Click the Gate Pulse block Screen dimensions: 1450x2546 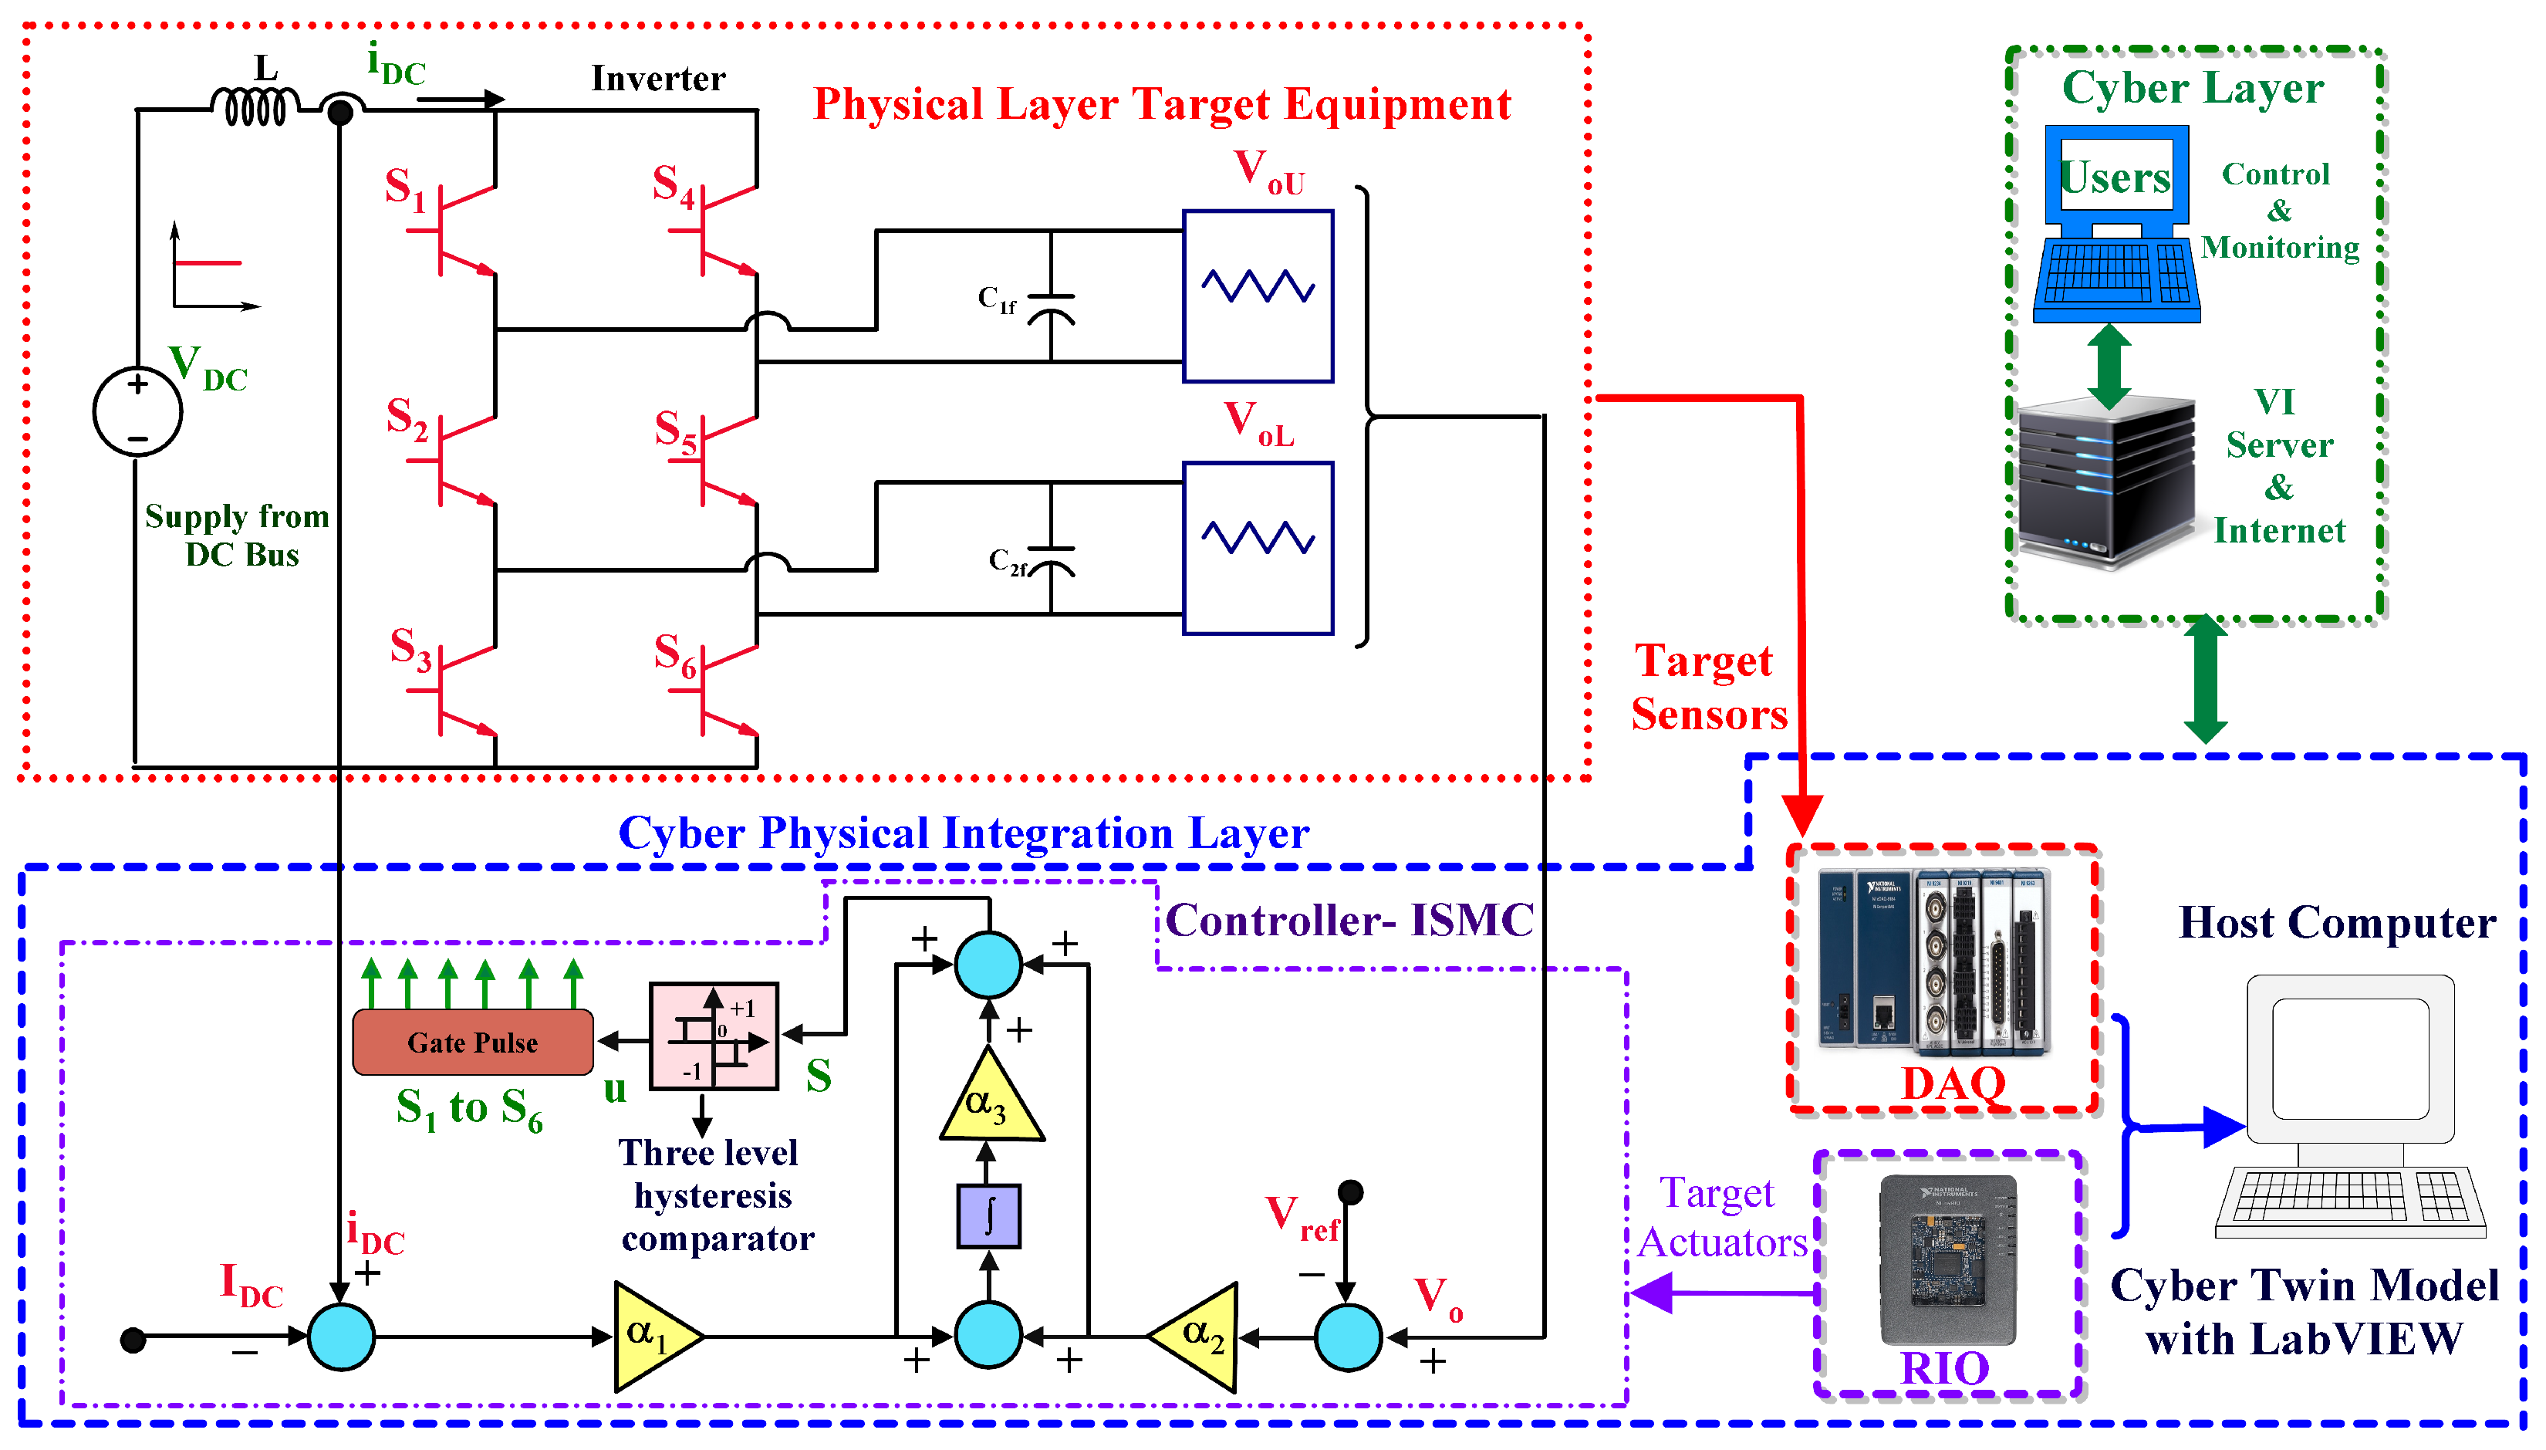click(x=473, y=1043)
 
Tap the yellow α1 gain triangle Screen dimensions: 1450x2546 click(x=652, y=1337)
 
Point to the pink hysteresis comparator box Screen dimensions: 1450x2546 click(x=713, y=1036)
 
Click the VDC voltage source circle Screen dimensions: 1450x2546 click(x=137, y=411)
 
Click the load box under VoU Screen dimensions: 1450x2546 click(x=1258, y=296)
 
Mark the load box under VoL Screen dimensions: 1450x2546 click(x=1258, y=548)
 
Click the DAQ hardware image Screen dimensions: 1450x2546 click(x=1933, y=961)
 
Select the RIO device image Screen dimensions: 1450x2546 click(x=1947, y=1260)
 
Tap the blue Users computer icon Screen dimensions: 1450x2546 click(x=2115, y=224)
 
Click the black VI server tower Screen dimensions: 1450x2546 click(x=2106, y=483)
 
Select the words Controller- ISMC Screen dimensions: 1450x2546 click(x=1349, y=920)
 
